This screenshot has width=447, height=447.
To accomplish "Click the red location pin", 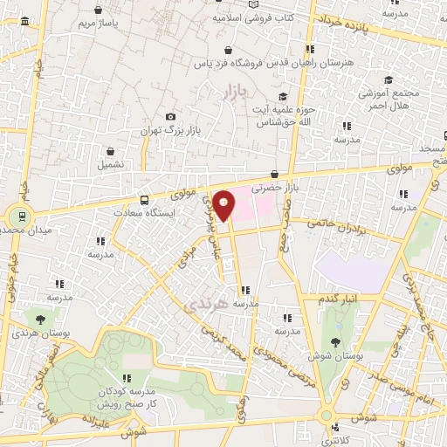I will [x=223, y=204].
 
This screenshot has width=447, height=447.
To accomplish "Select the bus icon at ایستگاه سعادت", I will [x=144, y=199].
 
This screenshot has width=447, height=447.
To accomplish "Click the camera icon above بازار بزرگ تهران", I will [x=170, y=117].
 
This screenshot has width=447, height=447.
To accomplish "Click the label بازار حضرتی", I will [x=270, y=187].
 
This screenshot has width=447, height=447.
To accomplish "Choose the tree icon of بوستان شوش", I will [x=336, y=341].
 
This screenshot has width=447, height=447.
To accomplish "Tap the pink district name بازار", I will [x=235, y=93].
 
